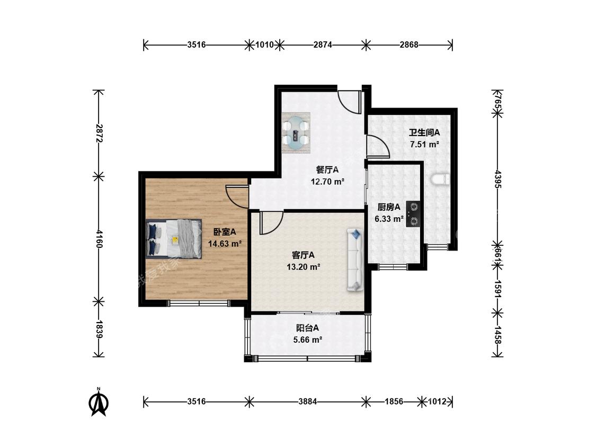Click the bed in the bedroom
pos(174,239)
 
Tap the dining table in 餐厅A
pos(296,132)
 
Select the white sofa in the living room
pos(355,260)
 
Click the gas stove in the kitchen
pos(413,213)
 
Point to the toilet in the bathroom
pos(441,180)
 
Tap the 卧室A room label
pos(224,231)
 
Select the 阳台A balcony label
pos(307,328)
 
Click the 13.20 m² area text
pos(303,267)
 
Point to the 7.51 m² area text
pos(424,145)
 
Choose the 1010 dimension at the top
pos(264,45)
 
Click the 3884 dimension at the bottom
pos(307,401)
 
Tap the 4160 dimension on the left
pos(99,239)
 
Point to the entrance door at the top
pos(349,102)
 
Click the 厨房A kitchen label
pos(388,207)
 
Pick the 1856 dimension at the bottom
pos(394,401)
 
